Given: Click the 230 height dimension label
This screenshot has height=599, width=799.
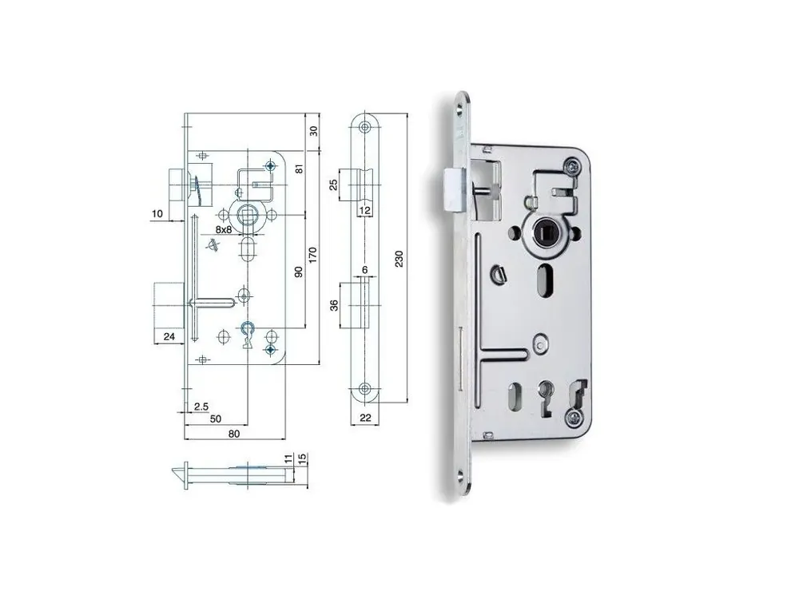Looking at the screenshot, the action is (x=399, y=259).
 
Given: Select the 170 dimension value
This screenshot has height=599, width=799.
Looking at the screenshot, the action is (x=312, y=256).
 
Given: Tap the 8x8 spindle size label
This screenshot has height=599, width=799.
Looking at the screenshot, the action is (x=224, y=229).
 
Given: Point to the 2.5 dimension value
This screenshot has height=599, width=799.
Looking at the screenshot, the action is (x=201, y=406).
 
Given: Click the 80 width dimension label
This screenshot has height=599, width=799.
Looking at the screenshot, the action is (x=234, y=434).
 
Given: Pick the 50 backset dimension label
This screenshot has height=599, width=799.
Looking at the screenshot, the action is (x=216, y=419).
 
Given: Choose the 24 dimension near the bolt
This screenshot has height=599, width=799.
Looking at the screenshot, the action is (x=169, y=336).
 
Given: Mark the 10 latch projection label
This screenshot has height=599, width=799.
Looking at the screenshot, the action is (x=157, y=213).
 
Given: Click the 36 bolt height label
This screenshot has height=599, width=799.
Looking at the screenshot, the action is (x=334, y=305).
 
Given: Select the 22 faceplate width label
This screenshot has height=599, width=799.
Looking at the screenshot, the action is (x=365, y=418).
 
